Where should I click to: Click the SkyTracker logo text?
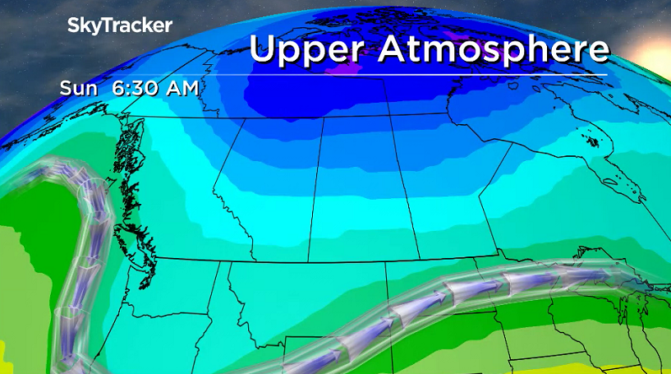[120, 25]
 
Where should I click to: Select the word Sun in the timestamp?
[76, 87]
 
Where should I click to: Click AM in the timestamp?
[180, 87]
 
